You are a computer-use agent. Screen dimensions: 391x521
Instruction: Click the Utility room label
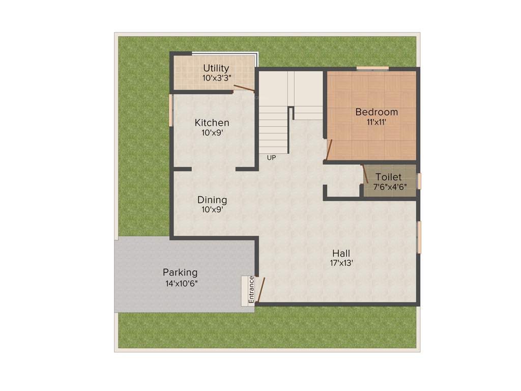[x=216, y=68]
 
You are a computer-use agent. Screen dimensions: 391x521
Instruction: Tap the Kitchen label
[x=212, y=123]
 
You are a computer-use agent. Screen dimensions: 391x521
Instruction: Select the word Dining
[x=212, y=200]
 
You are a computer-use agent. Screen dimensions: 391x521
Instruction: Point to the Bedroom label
[x=377, y=112]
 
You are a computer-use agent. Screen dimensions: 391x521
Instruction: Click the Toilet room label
[x=389, y=177]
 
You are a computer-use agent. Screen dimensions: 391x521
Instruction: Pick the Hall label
[x=341, y=253]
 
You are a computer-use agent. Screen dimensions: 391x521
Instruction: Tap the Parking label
[x=180, y=272]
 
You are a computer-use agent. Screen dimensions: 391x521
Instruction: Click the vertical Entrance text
[x=251, y=290]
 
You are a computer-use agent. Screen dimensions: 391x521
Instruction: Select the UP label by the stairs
[x=271, y=158]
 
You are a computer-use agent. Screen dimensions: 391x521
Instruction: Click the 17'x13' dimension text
[x=341, y=263]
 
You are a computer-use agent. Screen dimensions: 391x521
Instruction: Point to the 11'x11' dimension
[x=377, y=122]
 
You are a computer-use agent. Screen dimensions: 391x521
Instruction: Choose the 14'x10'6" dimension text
[x=181, y=283]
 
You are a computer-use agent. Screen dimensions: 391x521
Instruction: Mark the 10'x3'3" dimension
[x=216, y=78]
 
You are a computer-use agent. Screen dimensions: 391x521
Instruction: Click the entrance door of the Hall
[x=260, y=290]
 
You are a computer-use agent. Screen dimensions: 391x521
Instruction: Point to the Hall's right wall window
[x=419, y=237]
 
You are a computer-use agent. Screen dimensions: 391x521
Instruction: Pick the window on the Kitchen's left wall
[x=171, y=110]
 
